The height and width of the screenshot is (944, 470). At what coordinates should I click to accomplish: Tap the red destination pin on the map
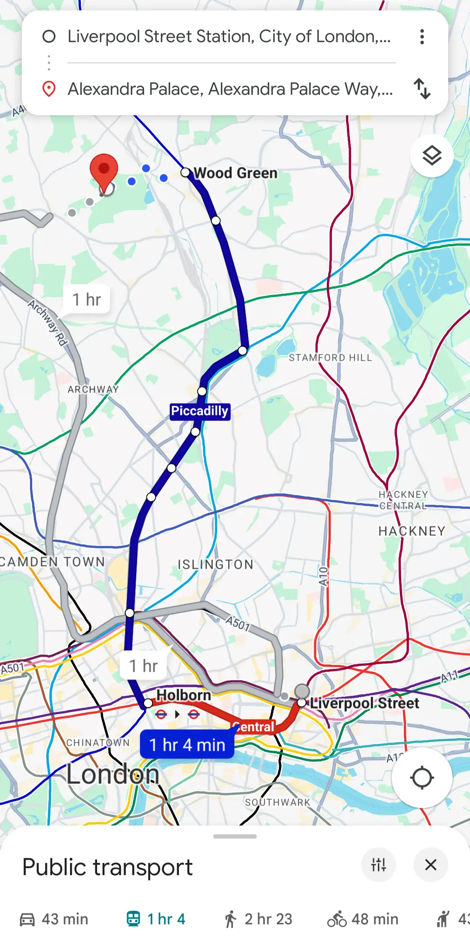tap(104, 170)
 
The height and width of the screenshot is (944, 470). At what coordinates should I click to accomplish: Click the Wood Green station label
tap(235, 173)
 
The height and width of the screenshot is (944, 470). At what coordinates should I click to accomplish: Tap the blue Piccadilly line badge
tap(200, 411)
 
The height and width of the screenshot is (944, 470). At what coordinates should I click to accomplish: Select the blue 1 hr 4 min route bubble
tap(187, 745)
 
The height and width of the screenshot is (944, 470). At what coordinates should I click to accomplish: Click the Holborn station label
tap(183, 695)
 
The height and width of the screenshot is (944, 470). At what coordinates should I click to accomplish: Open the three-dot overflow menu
tap(422, 37)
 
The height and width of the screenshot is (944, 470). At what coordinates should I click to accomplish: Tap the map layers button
tap(432, 155)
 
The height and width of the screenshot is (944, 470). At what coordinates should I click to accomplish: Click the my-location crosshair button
tap(422, 778)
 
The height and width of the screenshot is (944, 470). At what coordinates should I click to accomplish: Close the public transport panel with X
tap(430, 865)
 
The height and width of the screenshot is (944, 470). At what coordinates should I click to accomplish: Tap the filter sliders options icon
tap(379, 865)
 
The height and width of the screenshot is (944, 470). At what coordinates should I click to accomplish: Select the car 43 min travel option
tap(54, 919)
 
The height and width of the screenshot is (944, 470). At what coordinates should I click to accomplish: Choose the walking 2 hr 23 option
tap(258, 919)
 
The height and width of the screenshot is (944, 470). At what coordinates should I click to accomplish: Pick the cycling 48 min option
tap(363, 919)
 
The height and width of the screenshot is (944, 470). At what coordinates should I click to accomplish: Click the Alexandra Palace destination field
tap(230, 89)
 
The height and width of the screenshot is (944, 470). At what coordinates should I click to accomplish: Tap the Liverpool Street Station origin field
tap(229, 37)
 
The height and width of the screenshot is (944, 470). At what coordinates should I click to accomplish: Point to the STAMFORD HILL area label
tap(330, 358)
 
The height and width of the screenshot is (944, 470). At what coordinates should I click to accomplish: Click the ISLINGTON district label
tap(215, 564)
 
